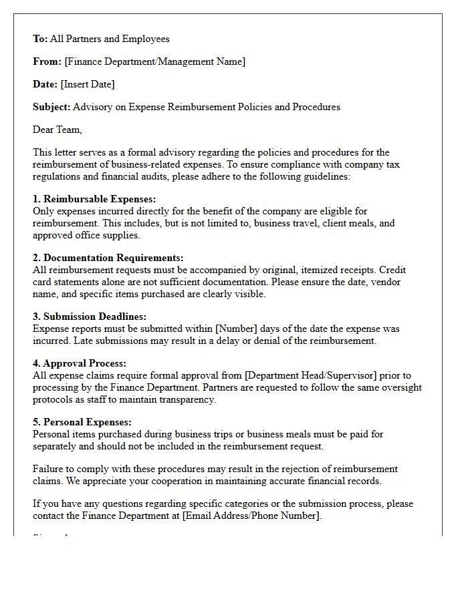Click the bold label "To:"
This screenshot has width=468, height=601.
click(40, 39)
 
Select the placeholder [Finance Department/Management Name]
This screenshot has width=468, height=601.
click(154, 61)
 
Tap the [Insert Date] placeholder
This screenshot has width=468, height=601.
click(88, 84)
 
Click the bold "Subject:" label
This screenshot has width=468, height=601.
click(51, 107)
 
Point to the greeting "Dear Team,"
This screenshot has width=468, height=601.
click(57, 130)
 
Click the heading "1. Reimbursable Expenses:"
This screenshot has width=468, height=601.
click(94, 199)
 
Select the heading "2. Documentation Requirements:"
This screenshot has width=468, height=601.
click(108, 258)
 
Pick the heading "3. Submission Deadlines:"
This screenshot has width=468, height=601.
click(90, 317)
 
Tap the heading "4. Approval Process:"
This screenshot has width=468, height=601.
click(80, 363)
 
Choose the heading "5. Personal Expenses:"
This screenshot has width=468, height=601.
click(82, 422)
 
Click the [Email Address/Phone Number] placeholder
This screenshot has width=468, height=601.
click(251, 516)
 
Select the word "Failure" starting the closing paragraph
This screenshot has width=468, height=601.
click(48, 469)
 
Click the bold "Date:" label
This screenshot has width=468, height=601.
click(45, 84)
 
